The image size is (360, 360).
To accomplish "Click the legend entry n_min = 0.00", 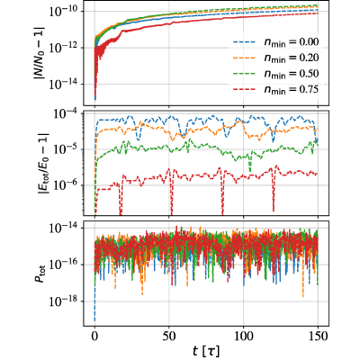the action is point(275,42).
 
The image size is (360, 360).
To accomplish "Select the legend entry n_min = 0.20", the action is point(275,58).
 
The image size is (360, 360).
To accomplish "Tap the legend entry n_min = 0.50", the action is point(275,74).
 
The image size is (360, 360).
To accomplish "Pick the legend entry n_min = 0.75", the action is point(275,90).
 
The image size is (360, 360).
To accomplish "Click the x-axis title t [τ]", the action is point(206,350).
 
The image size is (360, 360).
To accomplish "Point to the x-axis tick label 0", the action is point(94,336).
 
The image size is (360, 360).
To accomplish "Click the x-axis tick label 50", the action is point(169,336).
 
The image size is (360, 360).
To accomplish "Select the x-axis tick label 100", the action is point(243,336).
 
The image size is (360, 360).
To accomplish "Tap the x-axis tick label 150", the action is point(318,336).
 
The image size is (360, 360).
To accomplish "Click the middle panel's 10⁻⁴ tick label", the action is point(67,113).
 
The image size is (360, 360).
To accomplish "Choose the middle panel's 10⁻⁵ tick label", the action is point(67,149).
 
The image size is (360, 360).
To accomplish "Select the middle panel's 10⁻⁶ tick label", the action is point(67,185).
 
